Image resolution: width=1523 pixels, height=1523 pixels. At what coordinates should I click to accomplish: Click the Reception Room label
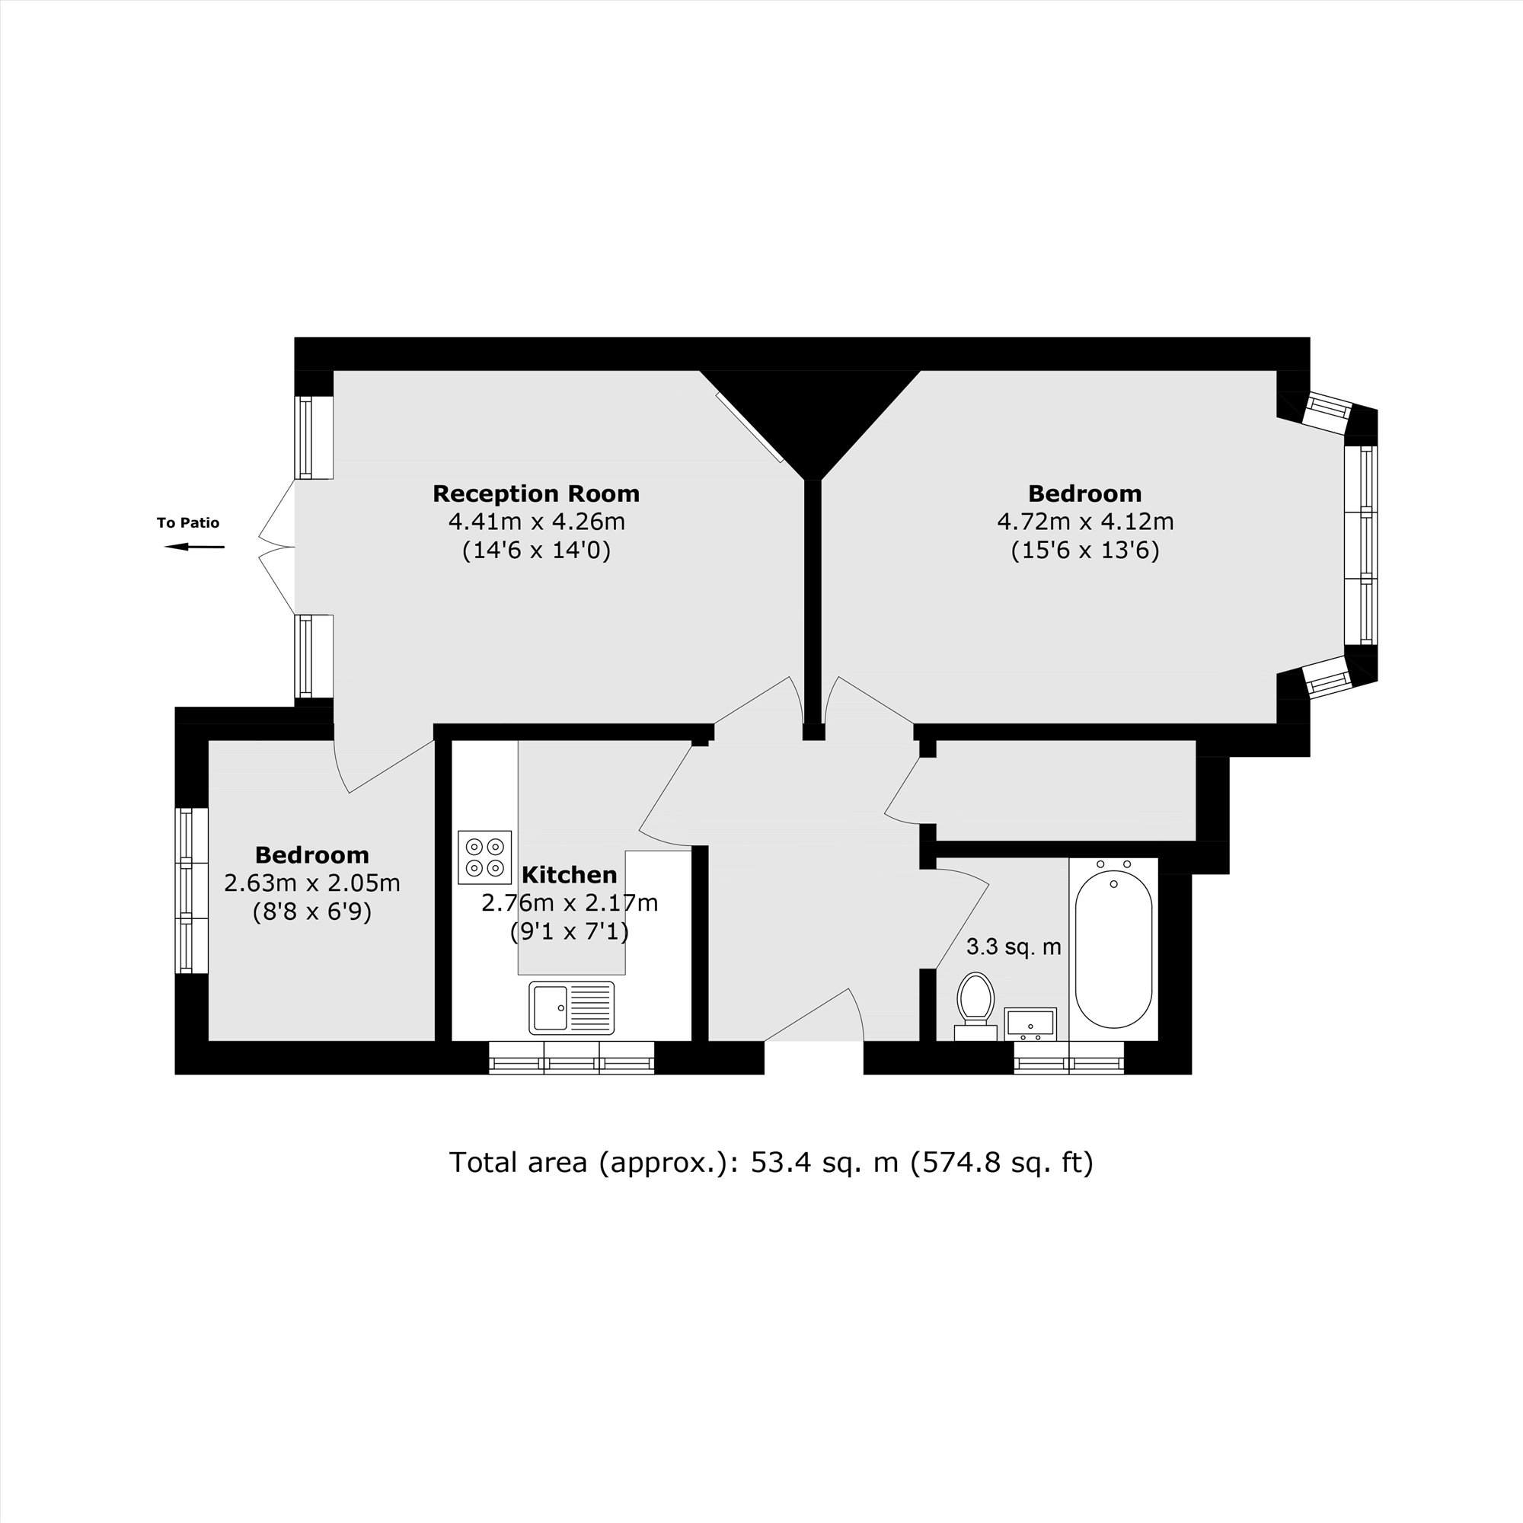pyautogui.click(x=536, y=494)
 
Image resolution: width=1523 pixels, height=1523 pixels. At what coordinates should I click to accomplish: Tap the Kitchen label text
pyautogui.click(x=568, y=875)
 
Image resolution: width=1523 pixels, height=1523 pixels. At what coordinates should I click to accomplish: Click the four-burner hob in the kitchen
pyautogui.click(x=484, y=857)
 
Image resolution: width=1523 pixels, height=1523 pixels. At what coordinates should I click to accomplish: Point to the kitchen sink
pyautogui.click(x=570, y=1007)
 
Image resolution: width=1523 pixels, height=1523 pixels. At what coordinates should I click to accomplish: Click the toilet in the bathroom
pyautogui.click(x=975, y=1002)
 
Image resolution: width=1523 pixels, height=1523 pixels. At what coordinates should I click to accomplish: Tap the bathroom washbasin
pyautogui.click(x=1030, y=1023)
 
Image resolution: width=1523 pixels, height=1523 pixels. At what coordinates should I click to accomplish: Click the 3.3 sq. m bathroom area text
pyautogui.click(x=1013, y=947)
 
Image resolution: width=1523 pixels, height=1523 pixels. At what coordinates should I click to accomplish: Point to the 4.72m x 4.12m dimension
pyautogui.click(x=1084, y=522)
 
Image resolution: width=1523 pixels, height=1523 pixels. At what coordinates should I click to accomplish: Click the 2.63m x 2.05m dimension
pyautogui.click(x=312, y=883)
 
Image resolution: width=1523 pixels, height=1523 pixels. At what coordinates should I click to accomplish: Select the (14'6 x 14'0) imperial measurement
pyautogui.click(x=536, y=551)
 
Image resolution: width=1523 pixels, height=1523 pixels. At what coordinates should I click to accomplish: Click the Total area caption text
pyautogui.click(x=771, y=1163)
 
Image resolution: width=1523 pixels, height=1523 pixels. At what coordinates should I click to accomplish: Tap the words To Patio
pyautogui.click(x=187, y=522)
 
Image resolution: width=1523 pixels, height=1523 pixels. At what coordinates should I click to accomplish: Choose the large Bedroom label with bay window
pyautogui.click(x=1084, y=494)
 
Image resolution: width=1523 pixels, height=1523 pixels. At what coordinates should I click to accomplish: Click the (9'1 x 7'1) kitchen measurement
pyautogui.click(x=569, y=933)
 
